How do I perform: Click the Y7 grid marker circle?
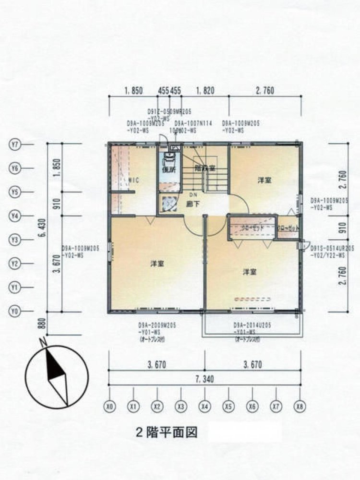[15, 144]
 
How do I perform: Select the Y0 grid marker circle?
[15, 312]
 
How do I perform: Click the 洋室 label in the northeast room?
[264, 180]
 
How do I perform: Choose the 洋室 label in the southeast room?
[249, 272]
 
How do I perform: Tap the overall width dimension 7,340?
[204, 379]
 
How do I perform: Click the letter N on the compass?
[43, 343]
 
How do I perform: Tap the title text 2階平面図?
[166, 432]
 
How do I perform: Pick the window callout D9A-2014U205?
[253, 325]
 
